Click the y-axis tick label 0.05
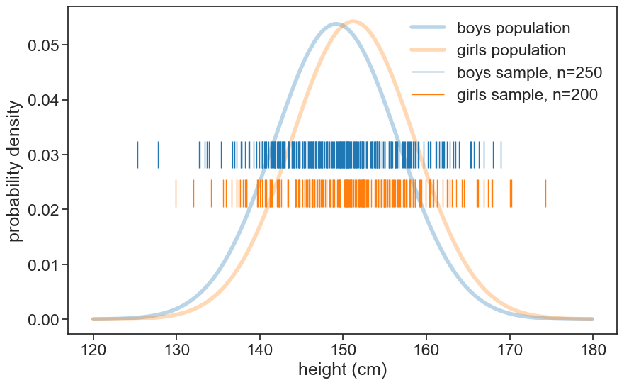pyautogui.click(x=42, y=45)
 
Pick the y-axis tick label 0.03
pyautogui.click(x=42, y=155)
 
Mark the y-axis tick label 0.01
pyautogui.click(x=42, y=265)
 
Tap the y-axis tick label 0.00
pyautogui.click(x=42, y=320)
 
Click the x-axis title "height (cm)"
pyautogui.click(x=343, y=369)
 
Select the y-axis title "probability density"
pyautogui.click(x=16, y=170)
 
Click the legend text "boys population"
pyautogui.click(x=514, y=28)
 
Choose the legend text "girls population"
pyautogui.click(x=511, y=50)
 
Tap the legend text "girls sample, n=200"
pyautogui.click(x=528, y=94)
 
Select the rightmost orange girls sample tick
pyautogui.click(x=545, y=193)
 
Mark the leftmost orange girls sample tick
pyautogui.click(x=176, y=193)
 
